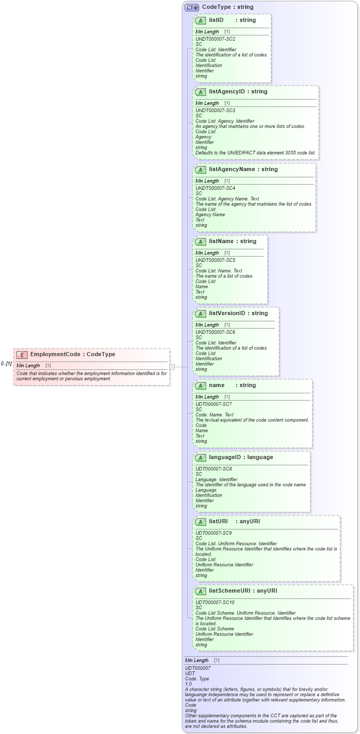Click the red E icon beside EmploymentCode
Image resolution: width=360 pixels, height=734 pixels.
coord(22,355)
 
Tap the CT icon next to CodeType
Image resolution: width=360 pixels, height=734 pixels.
coord(191,7)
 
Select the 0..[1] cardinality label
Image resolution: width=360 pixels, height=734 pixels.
coord(6,364)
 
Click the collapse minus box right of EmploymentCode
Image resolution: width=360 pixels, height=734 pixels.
coord(172,367)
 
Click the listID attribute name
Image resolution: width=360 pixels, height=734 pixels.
coord(216,20)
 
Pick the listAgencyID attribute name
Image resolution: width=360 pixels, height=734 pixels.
coord(226,91)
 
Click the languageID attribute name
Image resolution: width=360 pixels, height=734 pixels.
coord(226,457)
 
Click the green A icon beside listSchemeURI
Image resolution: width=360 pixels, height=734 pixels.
coord(200,591)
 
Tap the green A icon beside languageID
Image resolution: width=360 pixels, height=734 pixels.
coord(200,458)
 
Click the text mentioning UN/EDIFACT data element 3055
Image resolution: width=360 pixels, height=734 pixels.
coord(255,153)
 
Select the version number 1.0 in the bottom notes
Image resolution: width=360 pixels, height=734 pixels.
coord(188,683)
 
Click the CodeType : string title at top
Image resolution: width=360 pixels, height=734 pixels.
coord(227,7)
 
